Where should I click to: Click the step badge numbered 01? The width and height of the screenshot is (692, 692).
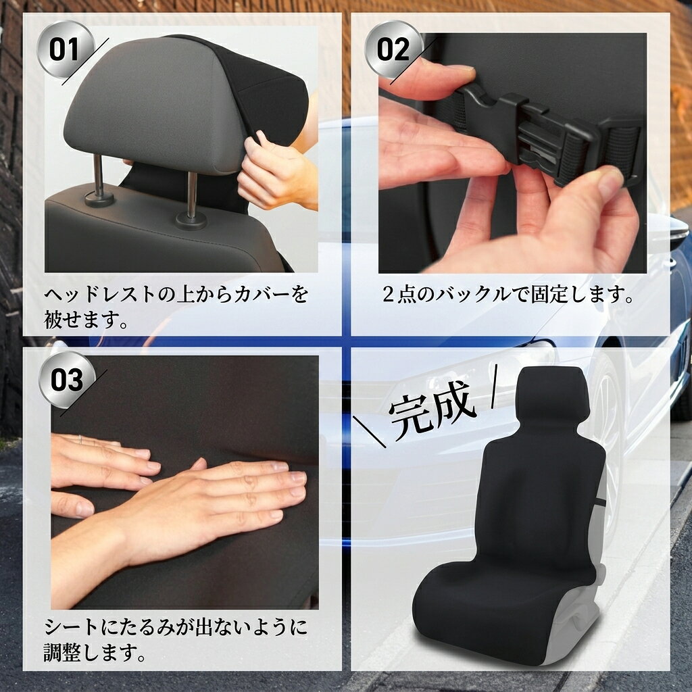(65, 49)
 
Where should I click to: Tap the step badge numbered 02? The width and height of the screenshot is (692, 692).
(394, 49)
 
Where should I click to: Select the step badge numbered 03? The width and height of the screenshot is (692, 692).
(67, 380)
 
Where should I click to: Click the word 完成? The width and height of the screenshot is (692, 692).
(432, 410)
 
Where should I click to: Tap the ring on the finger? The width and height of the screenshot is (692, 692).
(80, 440)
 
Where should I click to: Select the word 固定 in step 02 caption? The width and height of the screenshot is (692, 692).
(549, 295)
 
